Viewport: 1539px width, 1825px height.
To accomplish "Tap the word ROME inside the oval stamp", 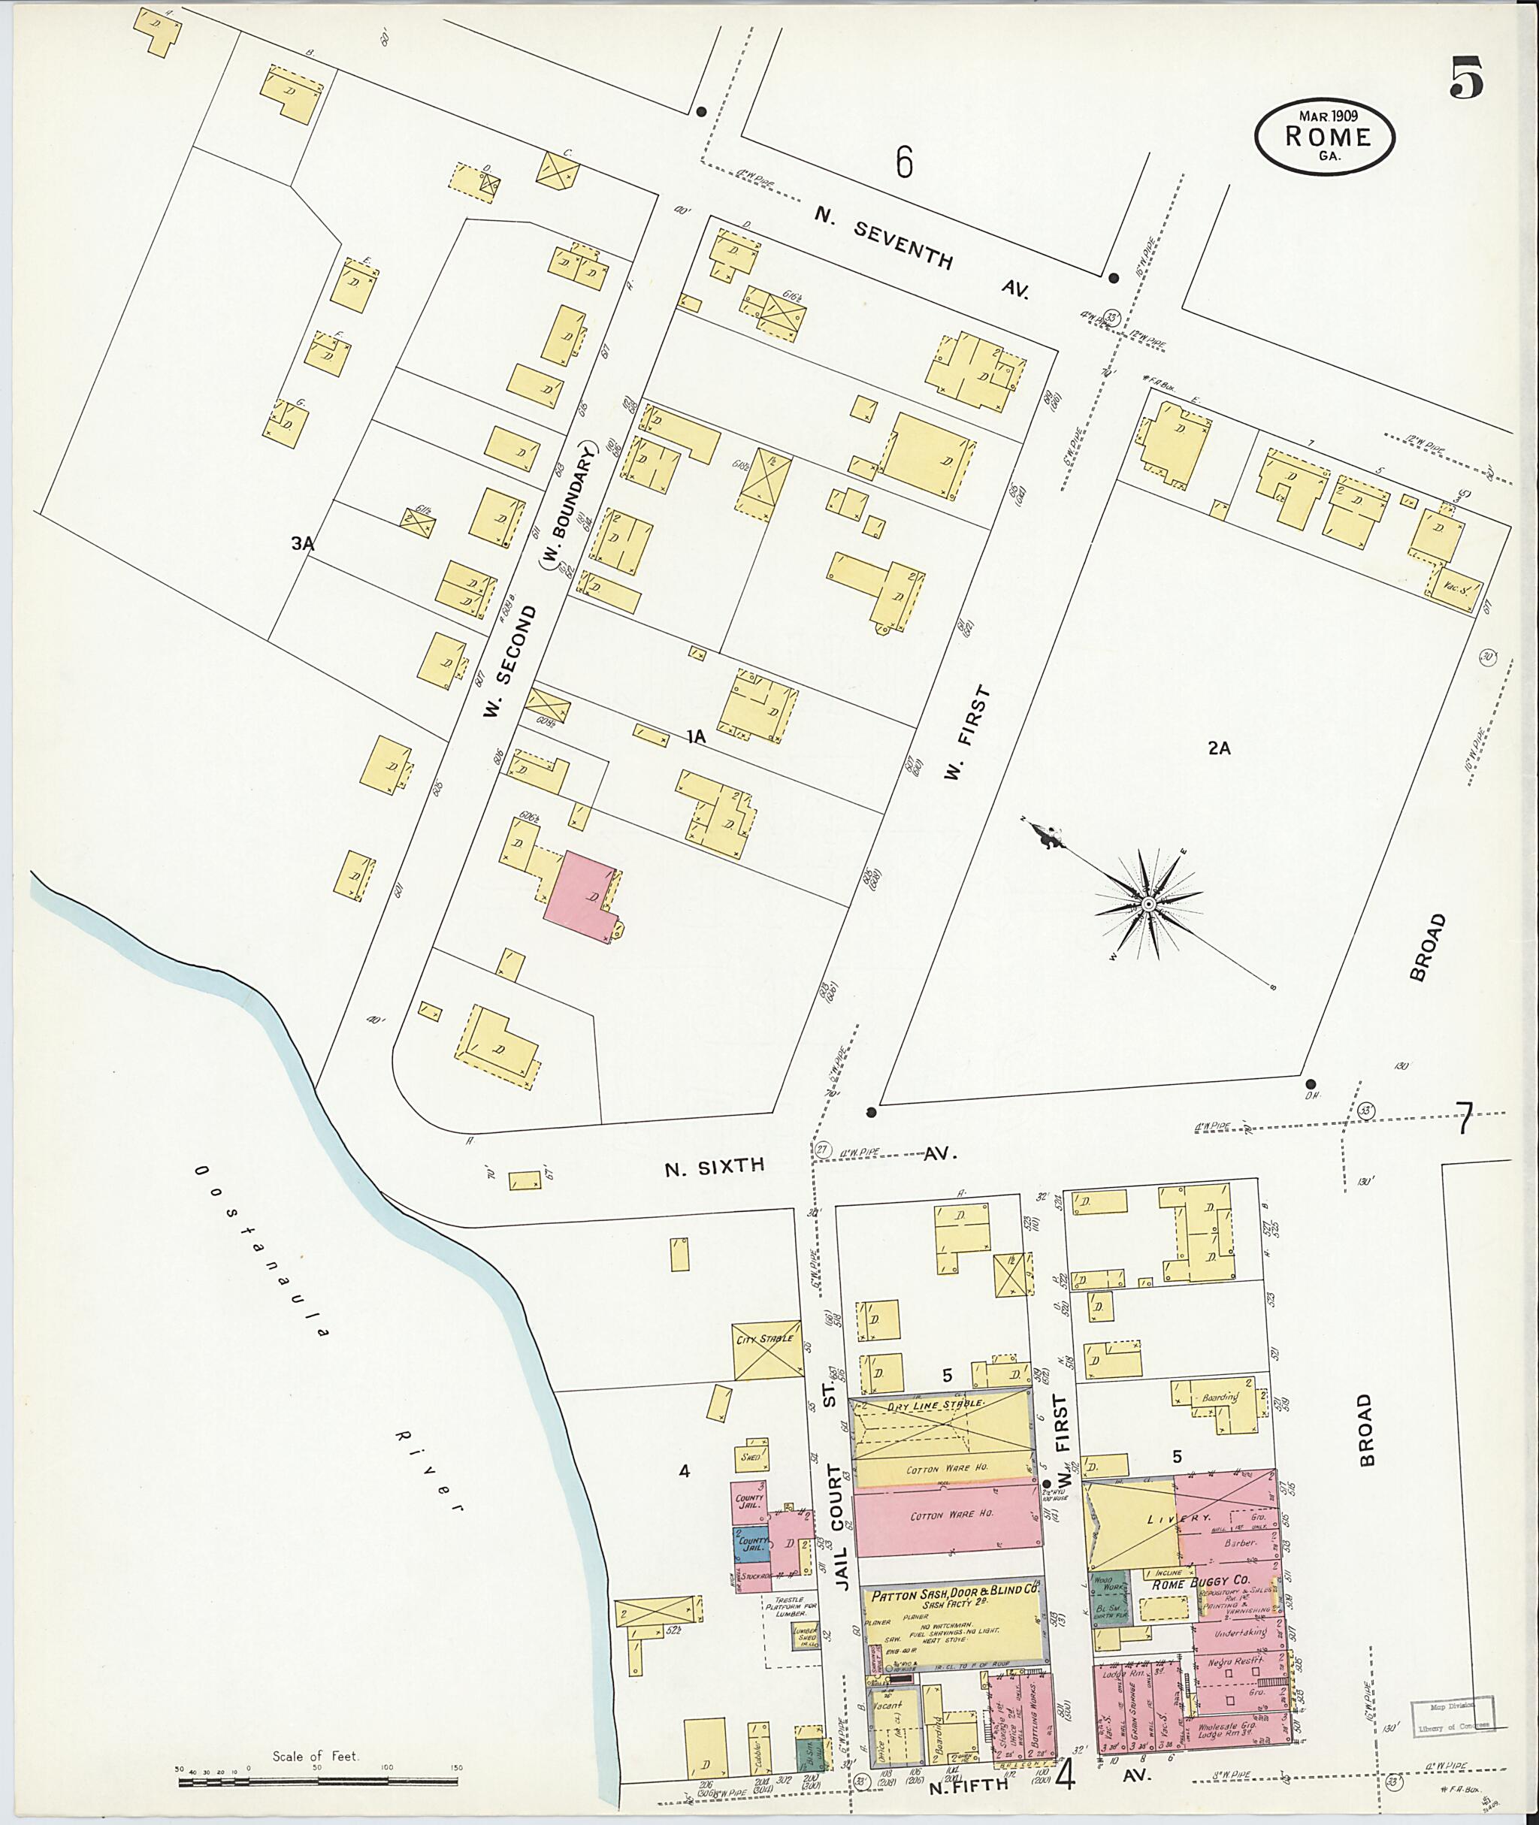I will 1327,137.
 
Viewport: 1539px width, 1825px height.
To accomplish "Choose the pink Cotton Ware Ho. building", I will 948,1517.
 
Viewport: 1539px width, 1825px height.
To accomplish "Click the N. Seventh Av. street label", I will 921,252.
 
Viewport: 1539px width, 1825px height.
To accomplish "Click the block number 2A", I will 1219,748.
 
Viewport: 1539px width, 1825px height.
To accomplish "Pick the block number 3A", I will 303,543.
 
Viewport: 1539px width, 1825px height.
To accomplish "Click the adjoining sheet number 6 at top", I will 904,162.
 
